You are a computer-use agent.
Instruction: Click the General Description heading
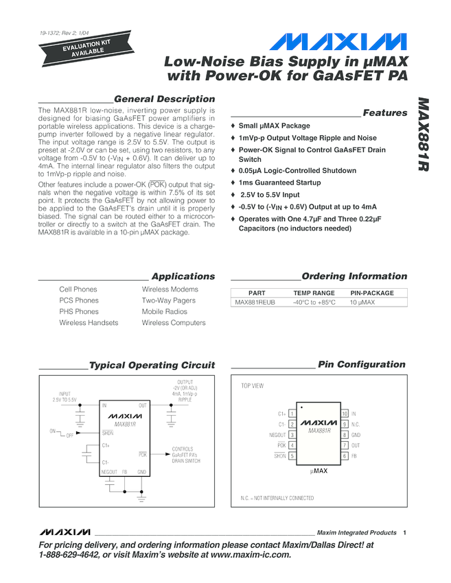(164, 99)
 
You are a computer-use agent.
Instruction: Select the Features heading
(384, 112)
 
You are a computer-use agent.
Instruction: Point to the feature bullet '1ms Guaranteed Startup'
(279, 182)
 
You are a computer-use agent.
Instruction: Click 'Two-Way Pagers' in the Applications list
(168, 300)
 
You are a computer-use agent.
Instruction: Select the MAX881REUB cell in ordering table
(255, 302)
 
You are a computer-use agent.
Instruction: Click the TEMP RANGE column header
(314, 293)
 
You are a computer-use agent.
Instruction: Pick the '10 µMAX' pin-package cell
(362, 302)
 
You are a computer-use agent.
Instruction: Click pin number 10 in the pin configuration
(344, 414)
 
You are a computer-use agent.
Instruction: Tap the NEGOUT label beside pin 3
(277, 435)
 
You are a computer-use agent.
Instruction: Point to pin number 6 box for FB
(344, 456)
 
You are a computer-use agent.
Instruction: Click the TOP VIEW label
(252, 386)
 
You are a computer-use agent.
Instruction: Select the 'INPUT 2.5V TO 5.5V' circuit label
(65, 396)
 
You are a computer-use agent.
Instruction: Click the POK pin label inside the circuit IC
(143, 454)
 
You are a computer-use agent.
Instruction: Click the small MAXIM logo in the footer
(65, 532)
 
